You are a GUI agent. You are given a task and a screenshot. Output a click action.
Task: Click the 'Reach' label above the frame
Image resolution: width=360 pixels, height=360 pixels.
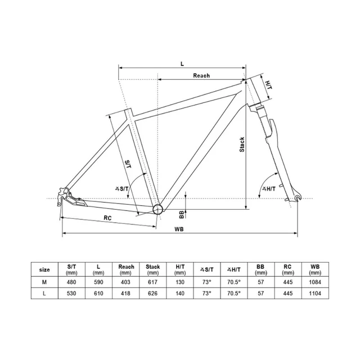coord(201,75)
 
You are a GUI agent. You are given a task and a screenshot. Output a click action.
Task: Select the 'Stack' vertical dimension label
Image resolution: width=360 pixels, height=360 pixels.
coord(242,146)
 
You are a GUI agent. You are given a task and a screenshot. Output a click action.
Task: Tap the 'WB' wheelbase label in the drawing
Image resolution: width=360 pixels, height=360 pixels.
coord(179,229)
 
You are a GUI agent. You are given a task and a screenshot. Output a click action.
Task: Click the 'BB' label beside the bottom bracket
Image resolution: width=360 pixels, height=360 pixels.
coord(181,214)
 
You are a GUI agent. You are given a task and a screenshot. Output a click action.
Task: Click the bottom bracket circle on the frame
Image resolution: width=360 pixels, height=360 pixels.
coord(158,209)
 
